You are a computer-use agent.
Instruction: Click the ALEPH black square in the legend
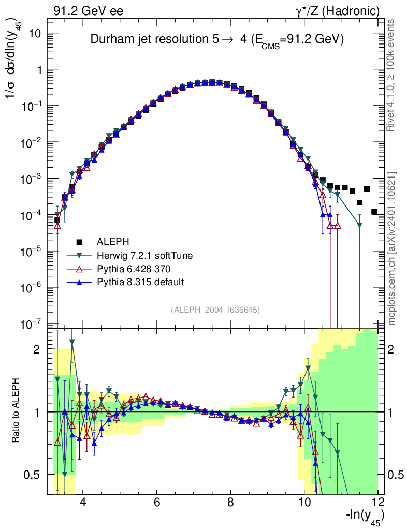click(79, 241)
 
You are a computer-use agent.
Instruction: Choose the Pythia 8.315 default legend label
click(137, 282)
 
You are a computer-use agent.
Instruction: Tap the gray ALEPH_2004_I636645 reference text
click(215, 310)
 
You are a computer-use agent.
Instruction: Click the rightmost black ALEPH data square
click(374, 212)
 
